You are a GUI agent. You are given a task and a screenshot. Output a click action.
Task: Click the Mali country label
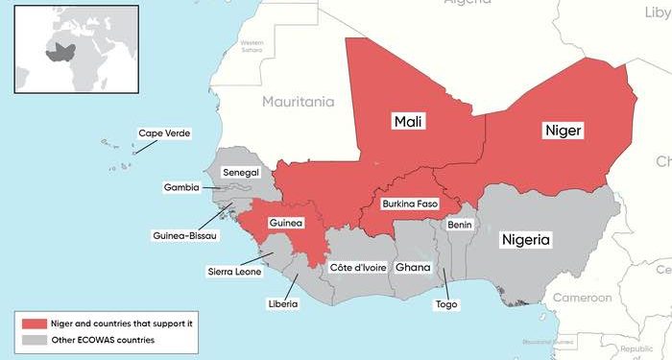[x=410, y=122]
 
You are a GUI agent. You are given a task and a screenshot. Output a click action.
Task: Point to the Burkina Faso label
[x=411, y=204]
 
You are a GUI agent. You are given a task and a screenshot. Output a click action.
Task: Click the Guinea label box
[x=286, y=223]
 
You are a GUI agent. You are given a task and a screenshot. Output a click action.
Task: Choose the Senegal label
[x=241, y=172]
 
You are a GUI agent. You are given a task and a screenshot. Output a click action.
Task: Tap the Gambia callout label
[x=181, y=187]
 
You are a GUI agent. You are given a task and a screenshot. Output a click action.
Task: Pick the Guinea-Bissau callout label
[x=185, y=235]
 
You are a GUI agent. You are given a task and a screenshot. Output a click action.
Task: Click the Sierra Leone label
[x=235, y=271]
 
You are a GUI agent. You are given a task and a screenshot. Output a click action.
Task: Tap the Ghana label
[x=414, y=267]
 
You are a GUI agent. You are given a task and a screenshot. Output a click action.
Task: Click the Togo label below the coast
[x=446, y=304]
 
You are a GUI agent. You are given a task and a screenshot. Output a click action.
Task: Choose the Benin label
[x=460, y=224]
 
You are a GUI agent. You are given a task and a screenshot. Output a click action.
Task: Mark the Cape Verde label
[x=162, y=134]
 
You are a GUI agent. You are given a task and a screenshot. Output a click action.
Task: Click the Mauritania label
[x=298, y=101]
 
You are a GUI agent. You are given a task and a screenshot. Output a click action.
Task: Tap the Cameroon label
[x=581, y=298]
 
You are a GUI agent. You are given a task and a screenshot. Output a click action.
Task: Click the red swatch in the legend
[x=34, y=324]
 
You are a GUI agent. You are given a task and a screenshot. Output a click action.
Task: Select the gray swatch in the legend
[x=34, y=340]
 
